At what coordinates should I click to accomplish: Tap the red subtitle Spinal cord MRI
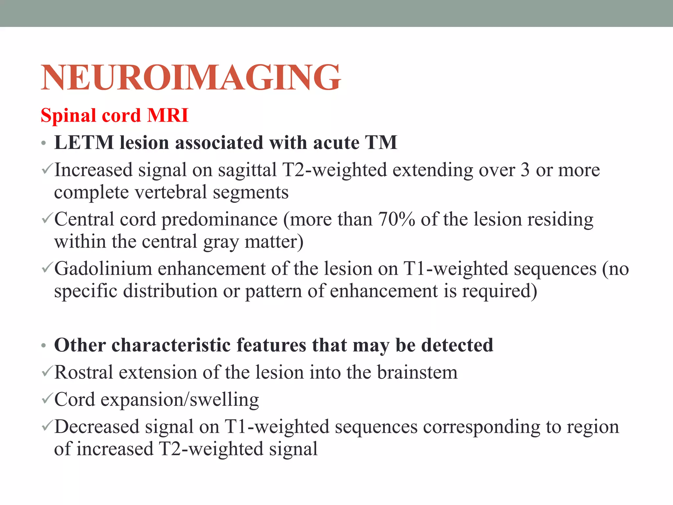tap(114, 115)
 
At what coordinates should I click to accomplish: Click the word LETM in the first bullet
tap(84, 143)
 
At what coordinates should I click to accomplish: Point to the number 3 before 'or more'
tap(525, 170)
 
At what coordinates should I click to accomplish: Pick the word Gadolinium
tap(103, 269)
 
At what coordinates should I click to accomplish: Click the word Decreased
tap(97, 427)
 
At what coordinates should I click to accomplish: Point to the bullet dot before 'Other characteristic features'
tap(44, 346)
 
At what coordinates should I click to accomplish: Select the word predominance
tap(220, 219)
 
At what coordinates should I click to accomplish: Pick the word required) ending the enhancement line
tap(499, 291)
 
